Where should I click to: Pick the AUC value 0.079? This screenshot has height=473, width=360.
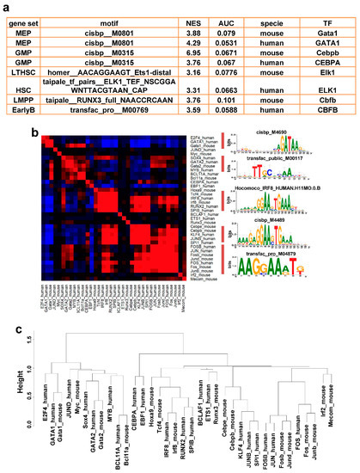(229, 39)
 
